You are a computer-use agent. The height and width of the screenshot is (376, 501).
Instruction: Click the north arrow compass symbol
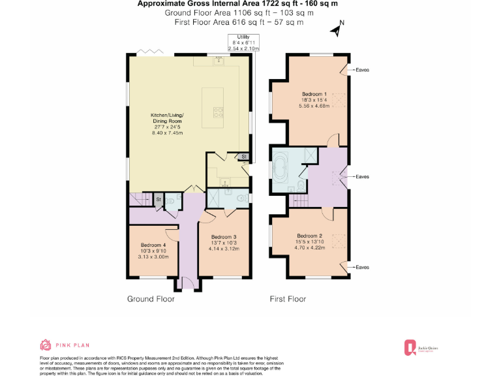click(x=337, y=29)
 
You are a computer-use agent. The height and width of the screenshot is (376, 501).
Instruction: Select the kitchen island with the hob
click(x=214, y=107)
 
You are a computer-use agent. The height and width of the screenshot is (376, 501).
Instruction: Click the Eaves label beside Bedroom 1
click(x=363, y=70)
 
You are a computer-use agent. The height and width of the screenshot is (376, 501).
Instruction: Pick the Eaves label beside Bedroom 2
click(x=363, y=267)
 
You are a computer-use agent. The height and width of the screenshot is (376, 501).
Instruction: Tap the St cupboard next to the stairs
click(x=158, y=199)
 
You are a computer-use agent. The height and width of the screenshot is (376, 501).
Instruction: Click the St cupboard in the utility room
click(x=243, y=157)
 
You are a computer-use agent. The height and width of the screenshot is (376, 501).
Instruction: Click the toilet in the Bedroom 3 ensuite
click(x=242, y=198)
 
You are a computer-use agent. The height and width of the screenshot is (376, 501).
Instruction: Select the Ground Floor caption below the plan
click(x=151, y=299)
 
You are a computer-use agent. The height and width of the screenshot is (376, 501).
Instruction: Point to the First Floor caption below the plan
click(x=288, y=299)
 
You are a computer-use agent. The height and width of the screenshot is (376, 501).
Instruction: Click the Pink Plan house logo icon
click(x=46, y=345)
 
